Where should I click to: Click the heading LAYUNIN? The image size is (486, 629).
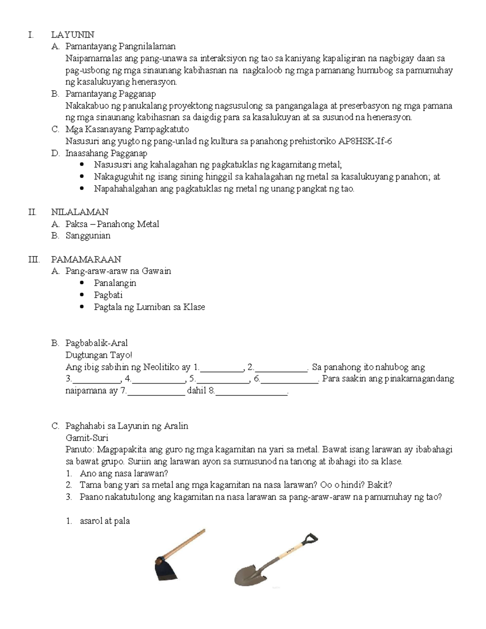[72, 35]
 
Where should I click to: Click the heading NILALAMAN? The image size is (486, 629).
[80, 212]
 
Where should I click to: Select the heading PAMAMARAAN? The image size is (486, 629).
[86, 260]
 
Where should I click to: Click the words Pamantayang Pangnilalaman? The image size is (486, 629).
[120, 47]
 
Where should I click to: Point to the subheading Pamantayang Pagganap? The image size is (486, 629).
[110, 94]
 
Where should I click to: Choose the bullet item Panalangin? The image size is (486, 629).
[115, 283]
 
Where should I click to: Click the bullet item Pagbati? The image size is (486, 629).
[108, 295]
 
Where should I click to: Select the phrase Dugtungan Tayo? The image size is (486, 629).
[99, 355]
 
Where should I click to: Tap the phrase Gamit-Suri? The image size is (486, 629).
[87, 438]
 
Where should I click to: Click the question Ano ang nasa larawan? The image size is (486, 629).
[124, 473]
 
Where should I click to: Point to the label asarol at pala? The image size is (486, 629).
[104, 521]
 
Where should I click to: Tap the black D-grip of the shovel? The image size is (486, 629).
[309, 540]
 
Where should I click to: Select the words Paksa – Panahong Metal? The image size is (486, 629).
[112, 224]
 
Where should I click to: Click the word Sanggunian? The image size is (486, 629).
[88, 236]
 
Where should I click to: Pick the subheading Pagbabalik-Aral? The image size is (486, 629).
[96, 343]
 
